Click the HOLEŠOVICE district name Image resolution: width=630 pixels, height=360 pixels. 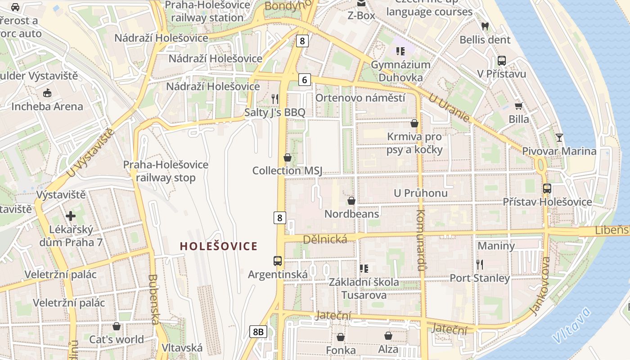[219, 246]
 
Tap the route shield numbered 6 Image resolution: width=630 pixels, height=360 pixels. [305, 80]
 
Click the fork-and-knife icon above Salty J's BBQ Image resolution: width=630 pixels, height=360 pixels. [275, 99]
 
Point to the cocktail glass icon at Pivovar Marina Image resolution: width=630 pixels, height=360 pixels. [559, 137]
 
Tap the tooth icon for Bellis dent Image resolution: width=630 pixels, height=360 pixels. [485, 26]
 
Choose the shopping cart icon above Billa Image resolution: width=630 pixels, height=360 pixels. [519, 106]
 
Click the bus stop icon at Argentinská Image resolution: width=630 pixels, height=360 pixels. [278, 261]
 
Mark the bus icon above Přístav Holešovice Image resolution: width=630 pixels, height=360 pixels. [547, 189]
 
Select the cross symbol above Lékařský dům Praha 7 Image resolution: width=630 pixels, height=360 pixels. [71, 216]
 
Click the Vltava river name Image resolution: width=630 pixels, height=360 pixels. [571, 324]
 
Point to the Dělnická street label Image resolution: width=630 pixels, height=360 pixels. [325, 239]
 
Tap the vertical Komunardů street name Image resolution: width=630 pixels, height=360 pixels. [421, 240]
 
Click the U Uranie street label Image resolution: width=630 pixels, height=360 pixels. [449, 108]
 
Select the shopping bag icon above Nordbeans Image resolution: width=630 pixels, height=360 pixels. [351, 200]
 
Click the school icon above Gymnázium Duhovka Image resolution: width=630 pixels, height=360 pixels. [400, 51]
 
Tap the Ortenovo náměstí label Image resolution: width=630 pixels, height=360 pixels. [360, 98]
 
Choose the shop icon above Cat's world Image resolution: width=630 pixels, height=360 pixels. [117, 326]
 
